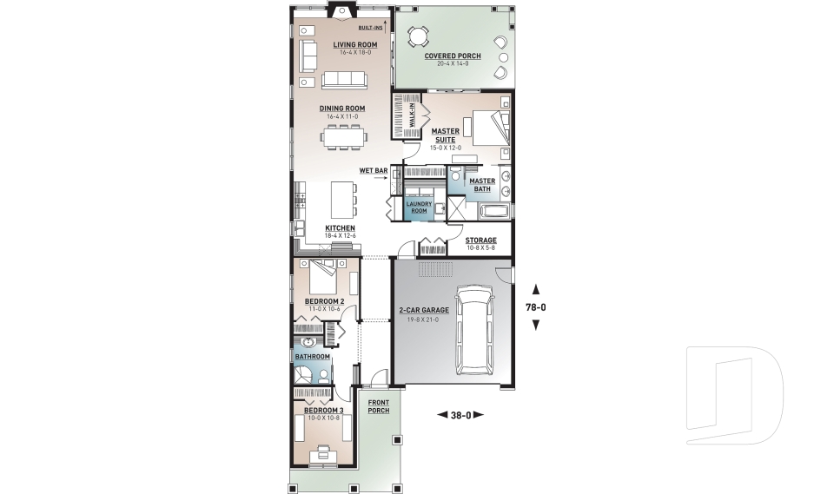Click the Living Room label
click(354, 44)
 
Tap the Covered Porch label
click(453, 56)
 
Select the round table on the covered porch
click(419, 36)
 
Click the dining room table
click(344, 135)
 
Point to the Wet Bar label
click(374, 170)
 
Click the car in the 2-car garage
click(475, 333)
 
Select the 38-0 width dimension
click(460, 415)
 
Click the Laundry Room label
click(420, 207)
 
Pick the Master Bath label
click(482, 185)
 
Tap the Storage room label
click(481, 240)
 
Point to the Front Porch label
click(378, 406)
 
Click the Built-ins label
click(371, 28)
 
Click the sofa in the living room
click(344, 81)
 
